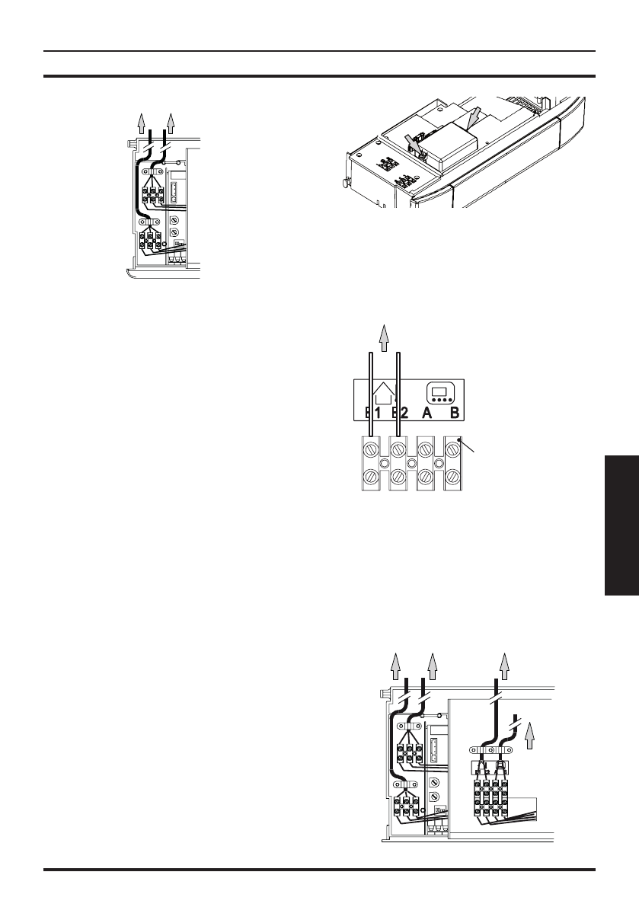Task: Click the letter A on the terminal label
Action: tap(427, 413)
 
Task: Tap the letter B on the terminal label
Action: tap(454, 413)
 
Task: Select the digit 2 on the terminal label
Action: tap(403, 413)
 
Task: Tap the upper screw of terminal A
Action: tap(426, 446)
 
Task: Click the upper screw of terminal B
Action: tap(452, 446)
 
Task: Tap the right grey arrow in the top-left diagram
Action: tap(171, 122)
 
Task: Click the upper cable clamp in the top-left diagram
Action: tap(153, 171)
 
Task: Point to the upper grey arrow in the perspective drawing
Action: tap(473, 117)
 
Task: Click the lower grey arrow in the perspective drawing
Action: tap(412, 142)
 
